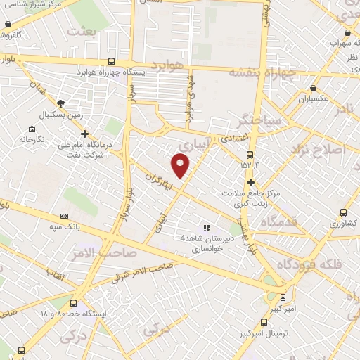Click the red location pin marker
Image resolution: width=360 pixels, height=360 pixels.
(181, 164)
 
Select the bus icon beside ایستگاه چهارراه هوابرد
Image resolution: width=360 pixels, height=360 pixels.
(112, 62)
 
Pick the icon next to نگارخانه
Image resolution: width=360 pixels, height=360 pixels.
(31, 129)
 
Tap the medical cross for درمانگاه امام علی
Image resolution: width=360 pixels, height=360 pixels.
(84, 134)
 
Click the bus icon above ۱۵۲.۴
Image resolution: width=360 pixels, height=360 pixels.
(250, 155)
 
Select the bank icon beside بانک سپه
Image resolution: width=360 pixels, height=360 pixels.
(64, 216)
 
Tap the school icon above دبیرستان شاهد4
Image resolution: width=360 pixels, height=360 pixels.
(206, 228)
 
